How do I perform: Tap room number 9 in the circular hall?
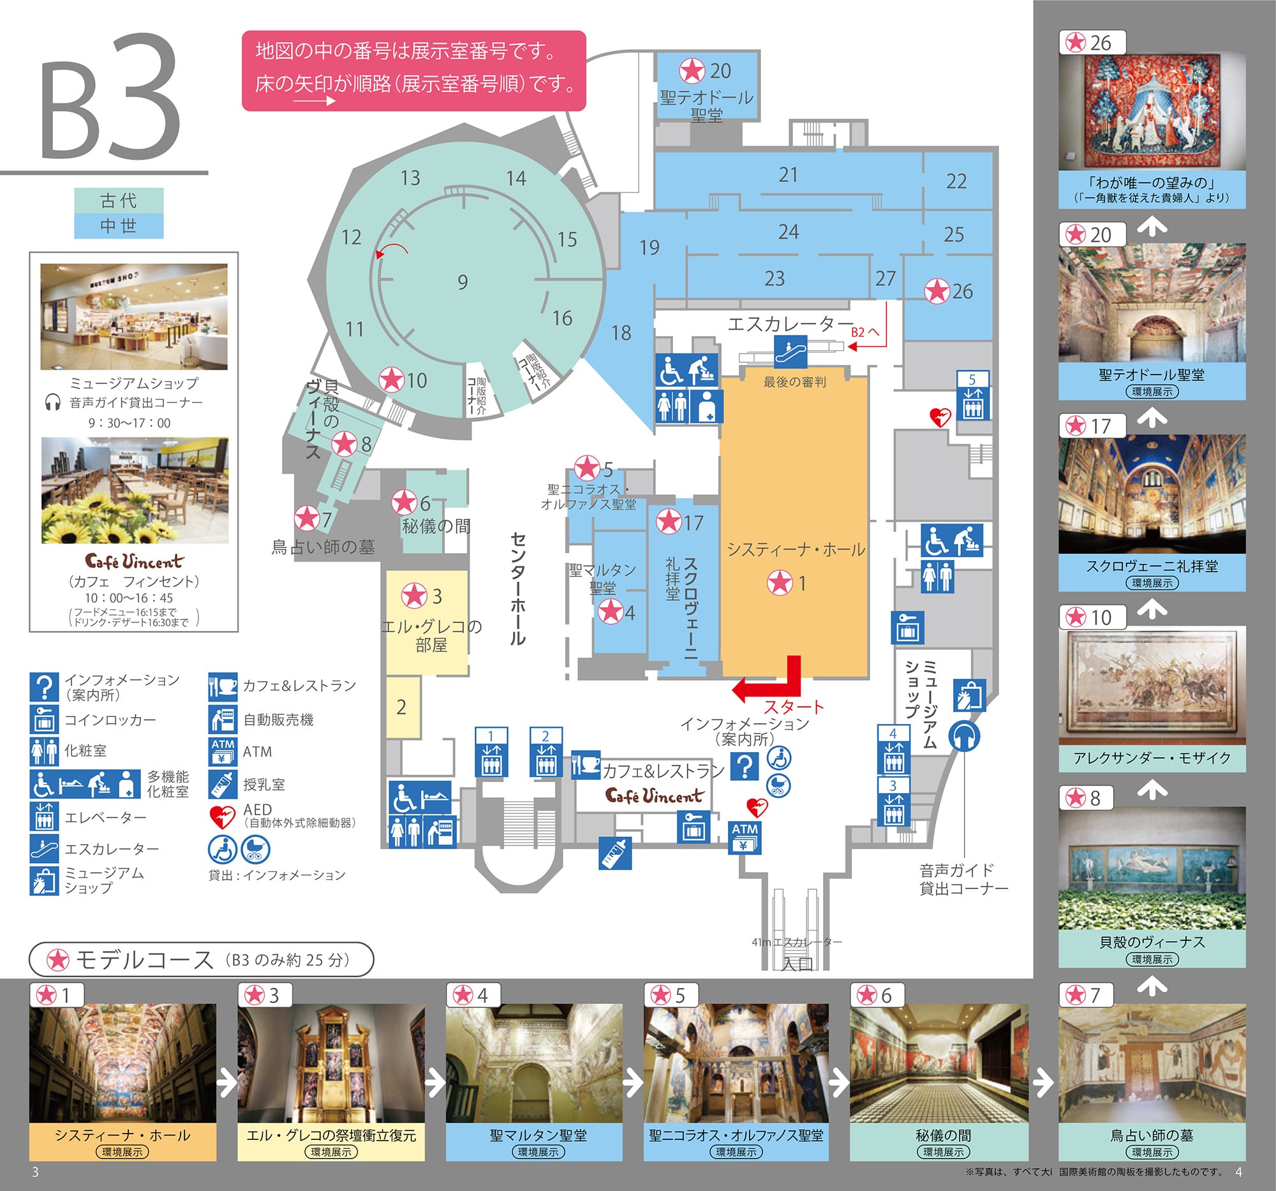point(463,282)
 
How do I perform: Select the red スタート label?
point(793,707)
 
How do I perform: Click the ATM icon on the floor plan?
point(745,838)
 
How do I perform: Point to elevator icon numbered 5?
point(972,396)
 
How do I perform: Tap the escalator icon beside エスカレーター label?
point(790,351)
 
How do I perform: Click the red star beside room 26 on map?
point(937,291)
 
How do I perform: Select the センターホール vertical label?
point(517,588)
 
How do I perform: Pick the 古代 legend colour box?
point(119,200)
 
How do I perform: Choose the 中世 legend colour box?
point(119,226)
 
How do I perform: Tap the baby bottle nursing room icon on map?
point(615,853)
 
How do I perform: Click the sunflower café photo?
point(135,491)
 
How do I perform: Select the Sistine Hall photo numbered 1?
point(122,1063)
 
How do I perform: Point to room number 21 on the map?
point(788,175)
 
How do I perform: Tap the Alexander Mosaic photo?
point(1152,685)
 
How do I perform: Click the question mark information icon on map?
point(745,766)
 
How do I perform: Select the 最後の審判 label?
point(794,383)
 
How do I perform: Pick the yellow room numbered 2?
point(403,707)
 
